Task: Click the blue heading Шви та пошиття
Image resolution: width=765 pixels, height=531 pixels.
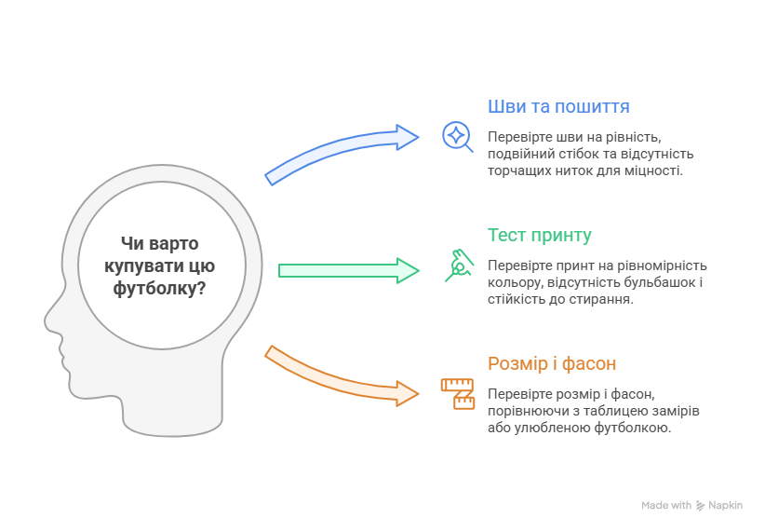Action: (x=558, y=106)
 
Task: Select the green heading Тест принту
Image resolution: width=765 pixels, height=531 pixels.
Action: (x=540, y=236)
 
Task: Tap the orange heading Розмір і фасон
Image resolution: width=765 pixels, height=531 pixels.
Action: (x=552, y=364)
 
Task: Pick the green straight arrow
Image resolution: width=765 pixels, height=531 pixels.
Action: (x=349, y=271)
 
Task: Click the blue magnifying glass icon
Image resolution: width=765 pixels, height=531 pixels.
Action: (x=457, y=137)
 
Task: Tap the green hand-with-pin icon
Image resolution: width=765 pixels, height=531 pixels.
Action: (x=459, y=265)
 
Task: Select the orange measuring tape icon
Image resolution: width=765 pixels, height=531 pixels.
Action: (x=458, y=394)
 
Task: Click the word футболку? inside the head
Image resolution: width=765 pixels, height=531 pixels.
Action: (x=159, y=288)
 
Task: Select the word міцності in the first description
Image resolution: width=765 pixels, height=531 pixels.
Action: (x=657, y=170)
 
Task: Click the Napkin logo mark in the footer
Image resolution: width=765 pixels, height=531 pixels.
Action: (x=700, y=506)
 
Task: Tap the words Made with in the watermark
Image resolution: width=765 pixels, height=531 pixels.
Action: (x=666, y=506)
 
